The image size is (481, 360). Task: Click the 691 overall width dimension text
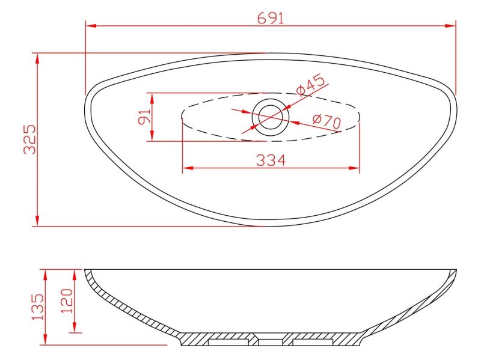coord(271,18)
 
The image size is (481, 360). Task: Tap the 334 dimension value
coord(271,160)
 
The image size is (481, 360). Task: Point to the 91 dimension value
coord(144,117)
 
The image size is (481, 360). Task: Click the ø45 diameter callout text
coord(310,85)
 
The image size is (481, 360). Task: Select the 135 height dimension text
coord(38,307)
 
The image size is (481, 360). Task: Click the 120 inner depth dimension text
coord(67,301)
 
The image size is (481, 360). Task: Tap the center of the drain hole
coord(270,117)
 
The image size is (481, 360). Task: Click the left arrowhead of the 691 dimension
coord(91,25)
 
